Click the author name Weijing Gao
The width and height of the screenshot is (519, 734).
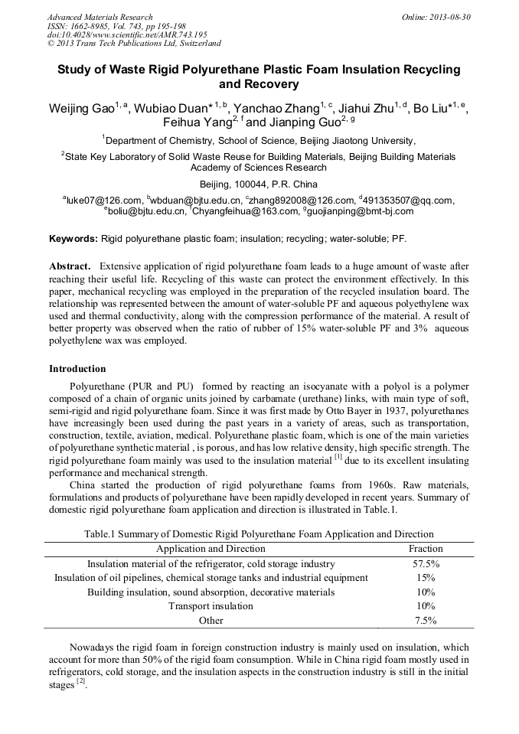(x=80, y=109)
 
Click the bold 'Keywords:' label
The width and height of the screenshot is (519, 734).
(x=73, y=239)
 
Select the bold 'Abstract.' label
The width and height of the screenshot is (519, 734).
(x=71, y=266)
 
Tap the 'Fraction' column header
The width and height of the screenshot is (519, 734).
(x=426, y=549)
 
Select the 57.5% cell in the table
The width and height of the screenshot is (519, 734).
(x=426, y=564)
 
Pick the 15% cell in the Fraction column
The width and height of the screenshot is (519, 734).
(x=426, y=578)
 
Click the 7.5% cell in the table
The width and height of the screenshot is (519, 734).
(x=426, y=621)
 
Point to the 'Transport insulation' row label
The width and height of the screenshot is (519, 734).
(x=211, y=606)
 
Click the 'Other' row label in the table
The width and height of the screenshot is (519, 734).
(x=211, y=621)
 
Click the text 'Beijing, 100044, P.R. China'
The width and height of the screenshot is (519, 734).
(x=259, y=184)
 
